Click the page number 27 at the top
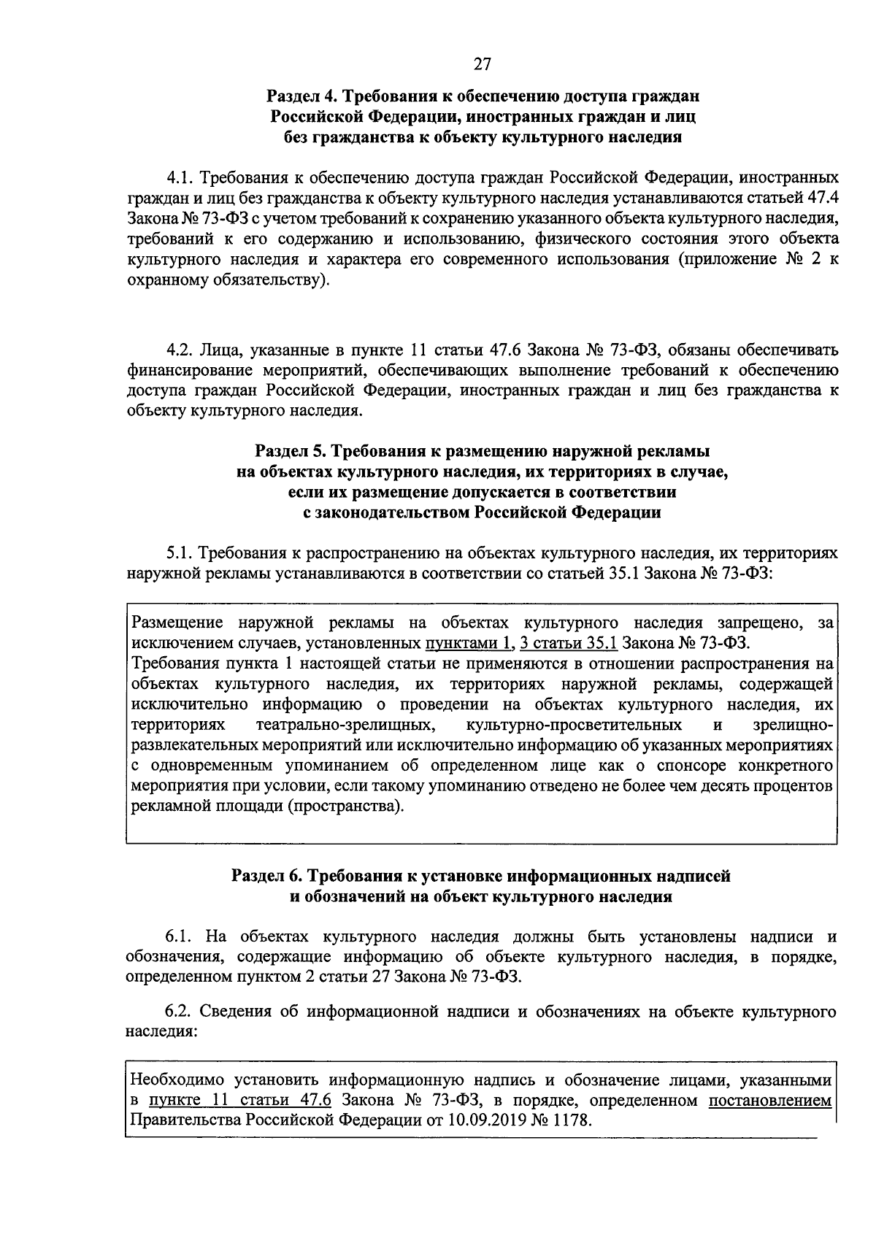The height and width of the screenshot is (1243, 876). [x=482, y=65]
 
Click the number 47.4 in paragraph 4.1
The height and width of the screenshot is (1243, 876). [x=820, y=198]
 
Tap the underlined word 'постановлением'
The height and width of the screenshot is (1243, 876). [x=770, y=1101]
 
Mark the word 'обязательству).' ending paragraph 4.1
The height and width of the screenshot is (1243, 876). [x=274, y=280]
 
